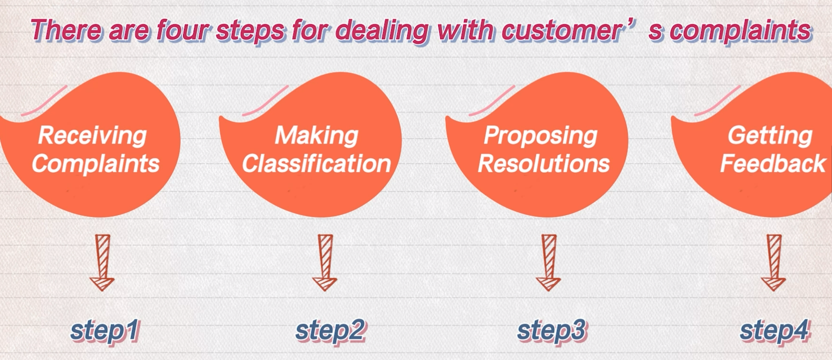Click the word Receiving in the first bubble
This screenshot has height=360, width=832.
[x=92, y=136]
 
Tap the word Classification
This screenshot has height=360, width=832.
[x=316, y=164]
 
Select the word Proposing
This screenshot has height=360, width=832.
[x=540, y=136]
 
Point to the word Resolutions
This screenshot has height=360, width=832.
[x=544, y=164]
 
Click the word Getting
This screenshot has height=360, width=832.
[x=770, y=136]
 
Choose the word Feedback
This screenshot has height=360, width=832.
[x=773, y=164]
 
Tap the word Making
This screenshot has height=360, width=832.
[x=316, y=136]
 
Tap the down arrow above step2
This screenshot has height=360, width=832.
[x=325, y=262]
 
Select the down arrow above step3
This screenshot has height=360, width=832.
[x=548, y=262]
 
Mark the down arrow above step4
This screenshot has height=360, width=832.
[x=773, y=262]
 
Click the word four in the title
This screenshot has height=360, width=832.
[x=184, y=31]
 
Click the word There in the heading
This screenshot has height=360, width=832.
[x=67, y=31]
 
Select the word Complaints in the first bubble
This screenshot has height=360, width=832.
[x=96, y=164]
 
